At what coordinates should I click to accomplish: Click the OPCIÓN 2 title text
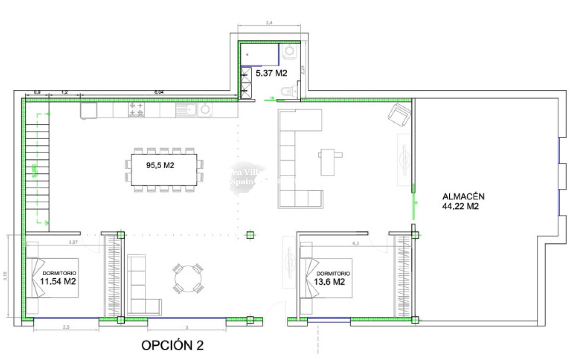(172, 345)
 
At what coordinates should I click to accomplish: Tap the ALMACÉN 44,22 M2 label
(463, 201)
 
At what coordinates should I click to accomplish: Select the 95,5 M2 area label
(160, 165)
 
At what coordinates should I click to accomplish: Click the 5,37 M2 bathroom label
(271, 73)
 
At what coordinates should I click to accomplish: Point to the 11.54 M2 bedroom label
(58, 281)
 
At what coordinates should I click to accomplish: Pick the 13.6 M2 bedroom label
(329, 282)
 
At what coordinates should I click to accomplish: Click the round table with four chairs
(187, 278)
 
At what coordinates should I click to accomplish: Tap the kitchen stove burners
(136, 110)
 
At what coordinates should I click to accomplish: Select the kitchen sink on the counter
(186, 109)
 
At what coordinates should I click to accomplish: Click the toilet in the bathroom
(287, 92)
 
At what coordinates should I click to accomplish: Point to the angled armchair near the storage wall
(399, 115)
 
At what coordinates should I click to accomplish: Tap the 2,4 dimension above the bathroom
(269, 23)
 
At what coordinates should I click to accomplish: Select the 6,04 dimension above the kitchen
(159, 92)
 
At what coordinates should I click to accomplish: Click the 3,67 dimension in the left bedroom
(73, 242)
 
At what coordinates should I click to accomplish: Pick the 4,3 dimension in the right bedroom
(355, 243)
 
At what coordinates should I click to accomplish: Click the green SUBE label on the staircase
(34, 170)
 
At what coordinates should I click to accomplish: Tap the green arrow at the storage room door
(416, 205)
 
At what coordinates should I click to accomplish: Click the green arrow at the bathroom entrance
(271, 98)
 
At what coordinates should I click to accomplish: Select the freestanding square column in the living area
(250, 235)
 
